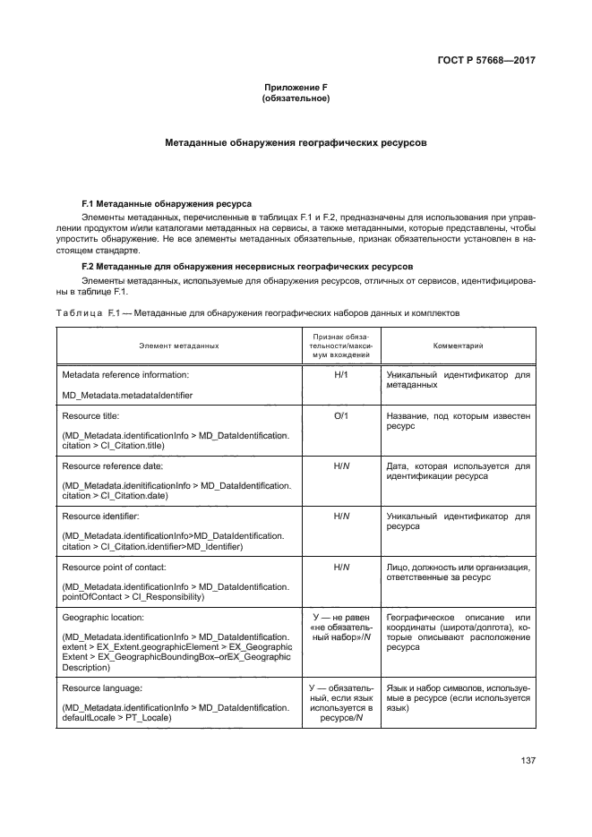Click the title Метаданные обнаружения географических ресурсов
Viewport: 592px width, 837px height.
pyautogui.click(x=296, y=142)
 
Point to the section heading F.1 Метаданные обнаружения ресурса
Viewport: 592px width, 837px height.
pyautogui.click(x=167, y=204)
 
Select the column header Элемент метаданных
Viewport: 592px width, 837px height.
pyautogui.click(x=179, y=345)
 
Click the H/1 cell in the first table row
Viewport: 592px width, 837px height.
pyautogui.click(x=340, y=376)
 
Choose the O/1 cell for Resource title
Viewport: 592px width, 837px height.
pyautogui.click(x=340, y=416)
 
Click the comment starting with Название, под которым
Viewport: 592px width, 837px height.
pyautogui.click(x=458, y=422)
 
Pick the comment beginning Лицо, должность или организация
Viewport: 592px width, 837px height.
pyautogui.click(x=458, y=573)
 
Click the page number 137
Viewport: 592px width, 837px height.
pyautogui.click(x=528, y=761)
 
